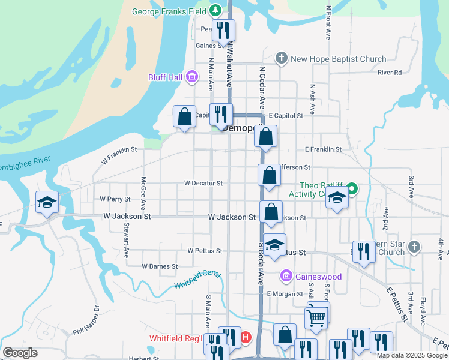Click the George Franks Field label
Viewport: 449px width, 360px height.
170,11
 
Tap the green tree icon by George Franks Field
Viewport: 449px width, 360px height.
215,10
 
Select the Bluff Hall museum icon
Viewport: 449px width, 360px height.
192,77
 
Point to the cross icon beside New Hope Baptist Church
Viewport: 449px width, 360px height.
281,58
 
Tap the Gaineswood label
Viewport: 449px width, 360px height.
319,277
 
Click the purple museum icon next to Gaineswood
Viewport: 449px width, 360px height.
286,276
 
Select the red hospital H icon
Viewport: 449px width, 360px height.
246,339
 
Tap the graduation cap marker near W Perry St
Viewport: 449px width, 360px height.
47,202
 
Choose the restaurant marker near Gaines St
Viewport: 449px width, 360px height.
223,30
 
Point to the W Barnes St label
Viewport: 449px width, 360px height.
160,266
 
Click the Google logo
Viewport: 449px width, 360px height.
20,353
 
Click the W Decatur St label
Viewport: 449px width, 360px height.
203,183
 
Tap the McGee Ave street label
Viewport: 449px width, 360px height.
143,188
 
